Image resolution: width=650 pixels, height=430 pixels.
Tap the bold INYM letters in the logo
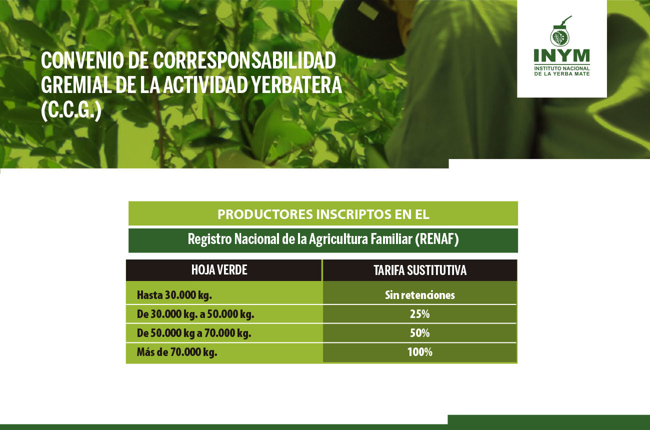[562, 55]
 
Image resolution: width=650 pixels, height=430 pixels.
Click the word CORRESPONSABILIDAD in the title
[244, 60]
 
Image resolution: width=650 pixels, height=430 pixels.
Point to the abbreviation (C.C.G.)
[71, 110]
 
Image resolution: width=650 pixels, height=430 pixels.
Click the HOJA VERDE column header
[219, 270]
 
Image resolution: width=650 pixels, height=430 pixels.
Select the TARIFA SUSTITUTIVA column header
[420, 270]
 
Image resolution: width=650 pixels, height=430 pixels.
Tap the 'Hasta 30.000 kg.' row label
[174, 295]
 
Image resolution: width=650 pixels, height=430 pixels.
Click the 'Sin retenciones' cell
[420, 295]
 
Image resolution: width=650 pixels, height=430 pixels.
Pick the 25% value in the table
[419, 314]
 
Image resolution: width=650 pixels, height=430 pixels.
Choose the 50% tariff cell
[419, 333]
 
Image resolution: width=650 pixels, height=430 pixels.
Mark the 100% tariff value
[420, 352]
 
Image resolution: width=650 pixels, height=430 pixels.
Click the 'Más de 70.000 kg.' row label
[177, 352]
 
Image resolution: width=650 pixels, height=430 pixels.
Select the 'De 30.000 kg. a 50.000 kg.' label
[195, 314]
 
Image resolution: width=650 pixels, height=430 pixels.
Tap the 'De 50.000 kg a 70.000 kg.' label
[194, 333]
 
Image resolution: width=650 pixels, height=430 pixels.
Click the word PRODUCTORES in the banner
[265, 214]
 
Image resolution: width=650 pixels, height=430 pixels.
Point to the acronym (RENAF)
[437, 239]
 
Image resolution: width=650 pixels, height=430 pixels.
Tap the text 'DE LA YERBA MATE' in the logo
[562, 74]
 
